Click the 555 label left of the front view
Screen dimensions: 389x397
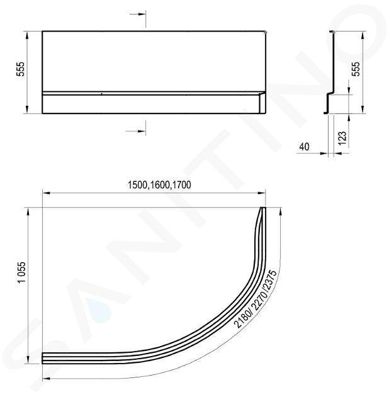(x=20, y=69)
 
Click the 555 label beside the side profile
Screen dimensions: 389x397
(x=356, y=69)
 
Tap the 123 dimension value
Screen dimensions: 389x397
(x=342, y=138)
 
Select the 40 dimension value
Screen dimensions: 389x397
(x=304, y=147)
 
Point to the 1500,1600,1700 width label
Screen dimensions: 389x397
(x=159, y=185)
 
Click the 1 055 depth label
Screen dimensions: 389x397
(x=22, y=272)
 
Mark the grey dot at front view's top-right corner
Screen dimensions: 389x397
(x=266, y=32)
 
